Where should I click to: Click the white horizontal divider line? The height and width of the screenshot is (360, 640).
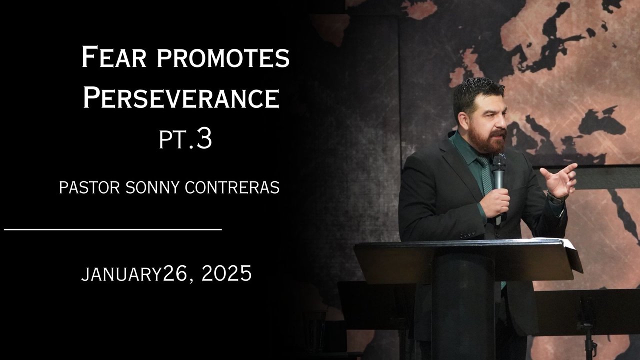(x=113, y=229)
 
